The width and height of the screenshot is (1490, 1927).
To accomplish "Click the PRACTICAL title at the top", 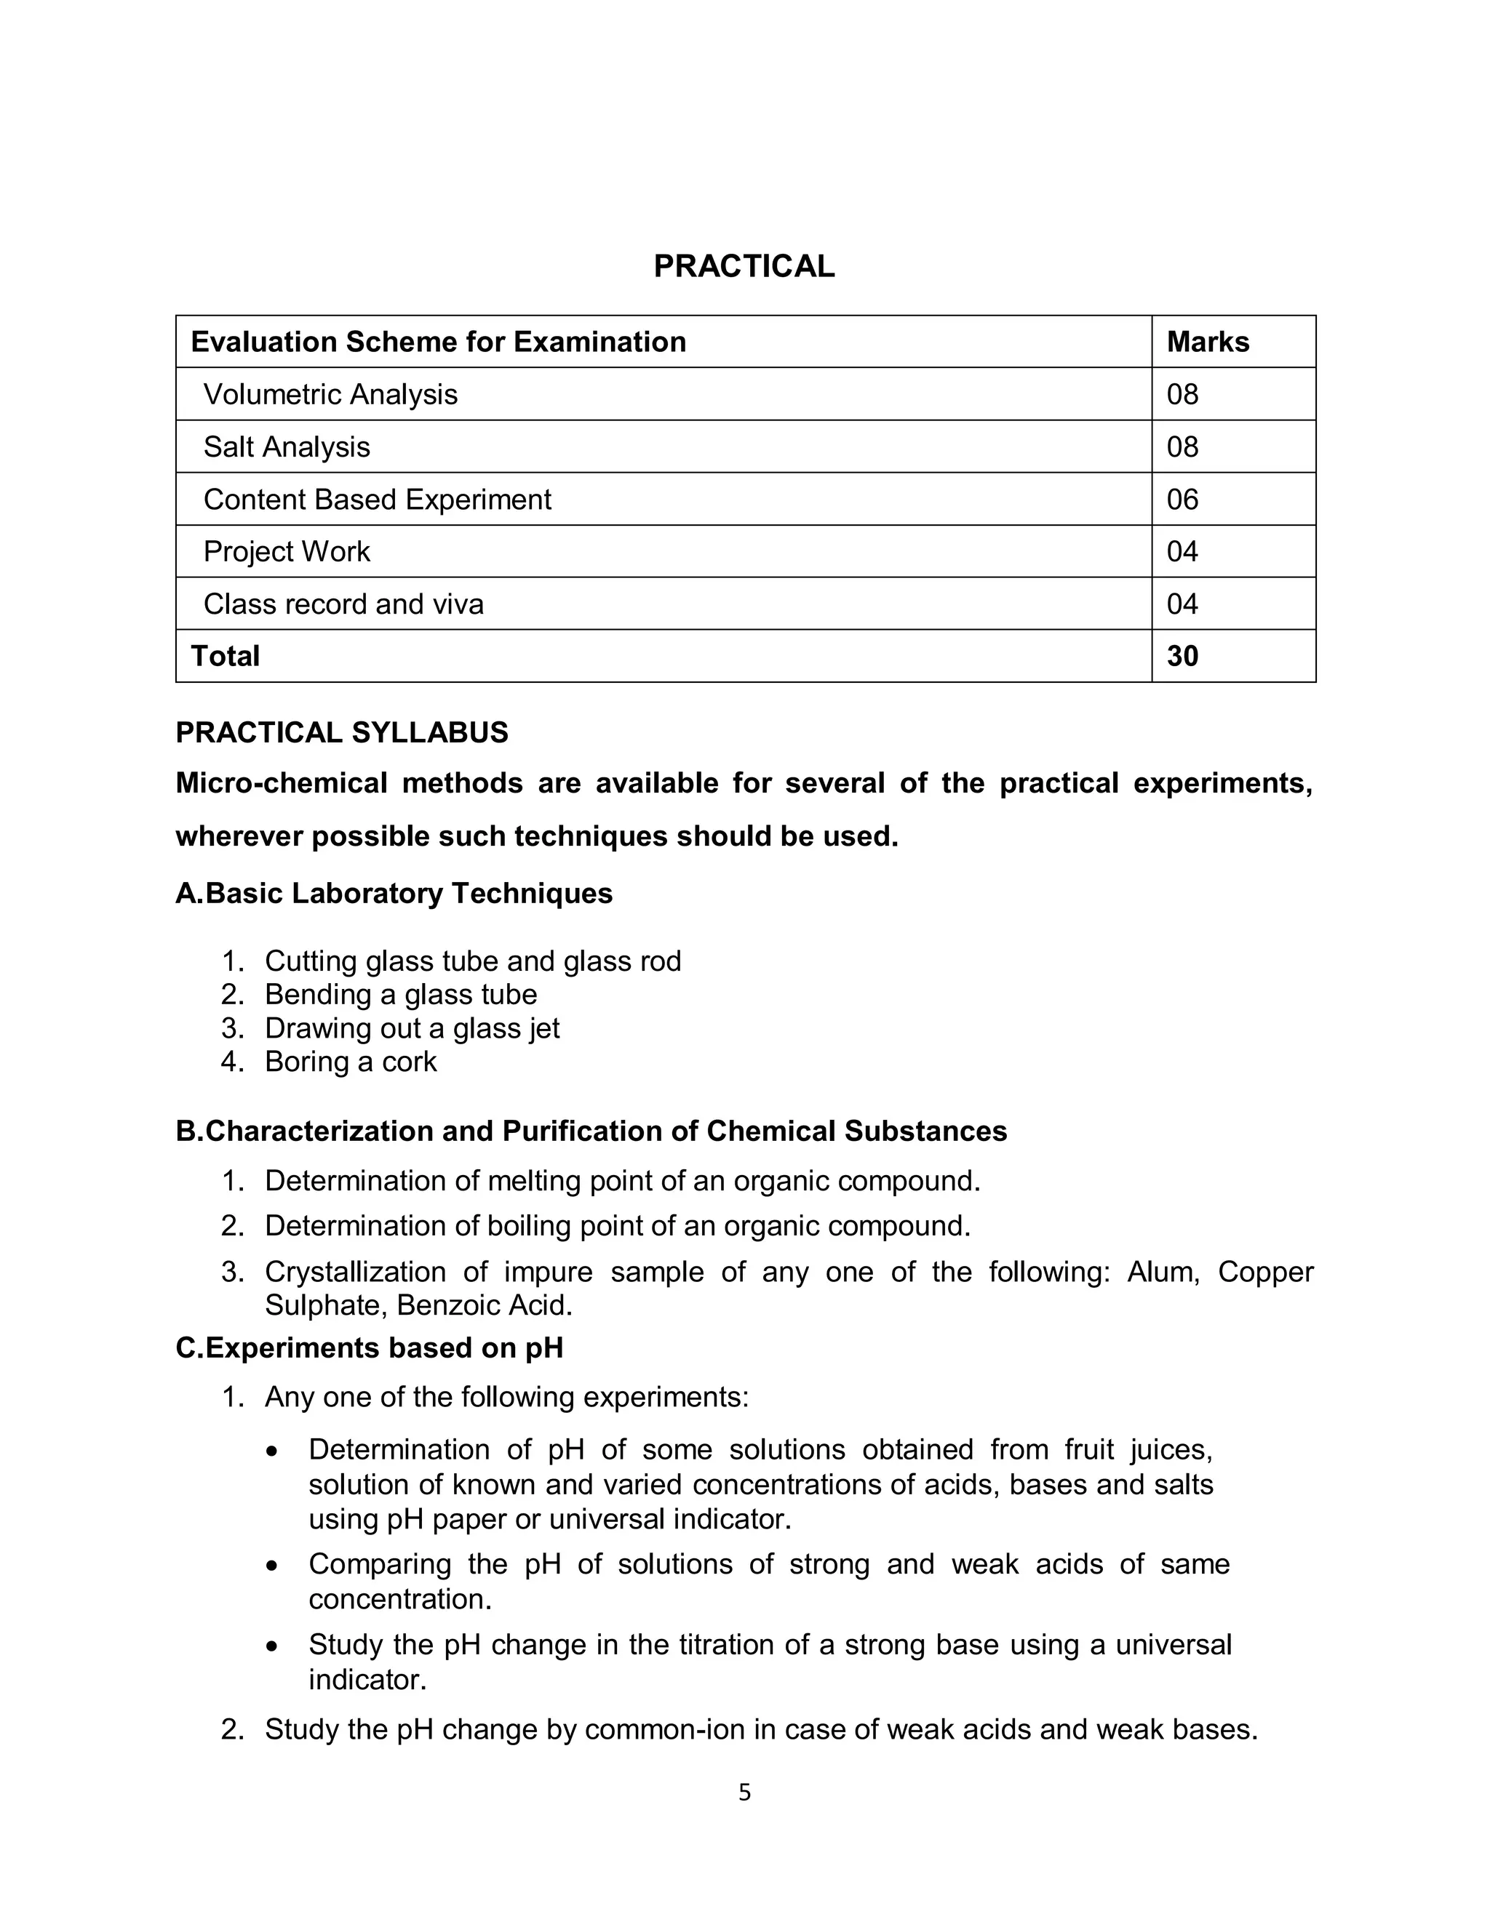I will point(744,266).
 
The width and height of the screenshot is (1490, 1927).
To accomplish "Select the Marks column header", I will point(1207,342).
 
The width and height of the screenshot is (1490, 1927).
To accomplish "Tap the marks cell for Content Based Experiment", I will point(1182,500).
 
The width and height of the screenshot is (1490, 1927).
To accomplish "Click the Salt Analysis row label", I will point(286,447).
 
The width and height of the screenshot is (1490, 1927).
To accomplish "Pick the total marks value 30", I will point(1182,657).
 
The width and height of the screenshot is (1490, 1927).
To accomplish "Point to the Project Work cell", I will point(286,551).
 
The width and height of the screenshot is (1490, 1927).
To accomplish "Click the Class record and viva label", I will point(343,604).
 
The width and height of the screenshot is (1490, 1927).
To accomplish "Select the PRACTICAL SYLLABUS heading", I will point(342,733).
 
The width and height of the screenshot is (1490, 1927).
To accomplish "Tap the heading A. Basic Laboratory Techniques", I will point(394,894).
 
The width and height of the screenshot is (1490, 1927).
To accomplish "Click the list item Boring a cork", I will point(351,1062).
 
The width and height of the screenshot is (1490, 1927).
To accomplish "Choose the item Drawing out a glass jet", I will point(411,1029).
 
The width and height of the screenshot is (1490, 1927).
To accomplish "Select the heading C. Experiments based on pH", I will point(369,1349).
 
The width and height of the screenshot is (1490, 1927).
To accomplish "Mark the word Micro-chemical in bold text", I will point(281,783).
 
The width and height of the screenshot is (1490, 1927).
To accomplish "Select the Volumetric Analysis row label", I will point(330,394).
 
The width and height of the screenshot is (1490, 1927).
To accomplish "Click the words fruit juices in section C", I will point(1138,1450).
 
